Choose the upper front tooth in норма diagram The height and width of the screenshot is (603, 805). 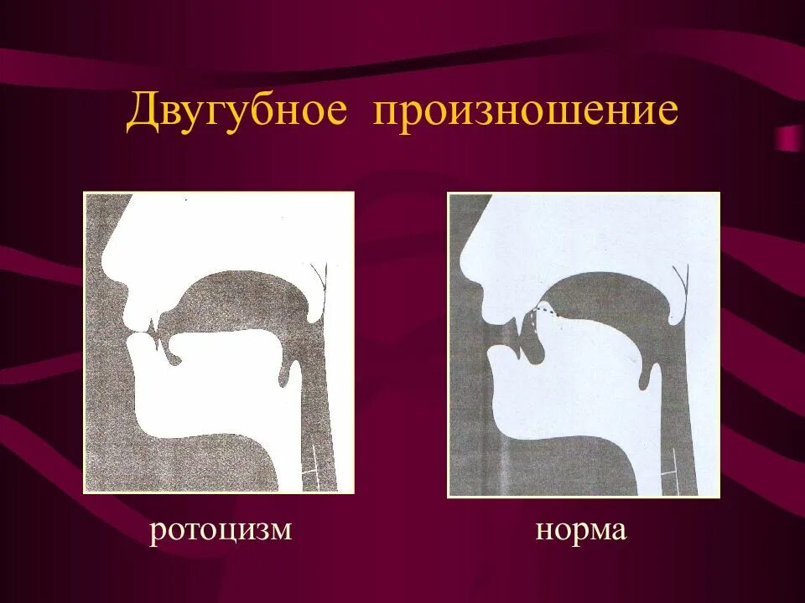point(521,322)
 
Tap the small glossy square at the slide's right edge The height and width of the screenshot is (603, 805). point(789,137)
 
